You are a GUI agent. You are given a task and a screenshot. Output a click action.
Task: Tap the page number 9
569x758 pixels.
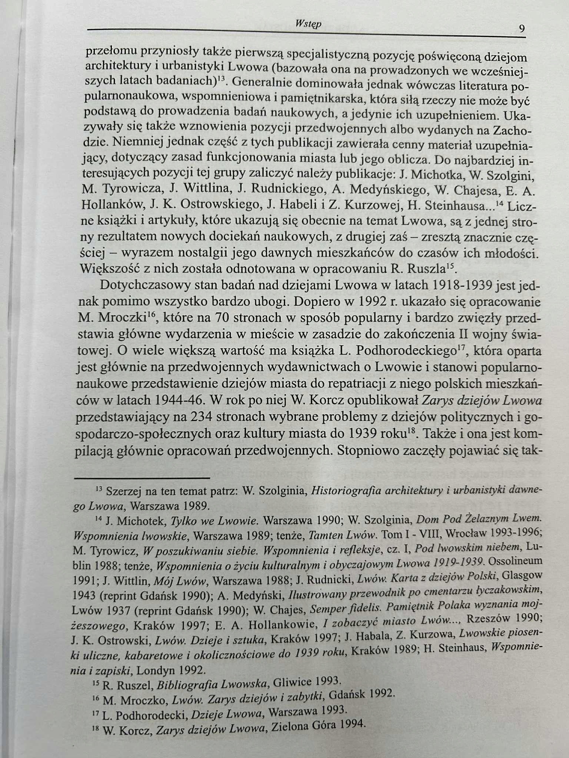point(522,29)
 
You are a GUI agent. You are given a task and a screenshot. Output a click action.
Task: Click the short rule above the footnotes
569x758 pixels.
point(143,478)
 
